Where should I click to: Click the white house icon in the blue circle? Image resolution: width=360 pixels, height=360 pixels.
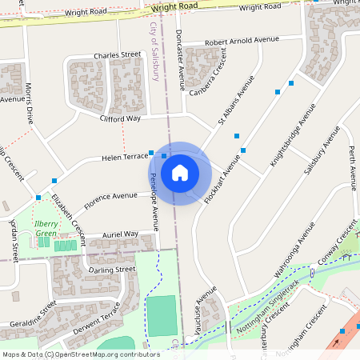coord(180,173)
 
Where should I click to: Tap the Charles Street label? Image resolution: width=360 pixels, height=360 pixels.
coord(117,55)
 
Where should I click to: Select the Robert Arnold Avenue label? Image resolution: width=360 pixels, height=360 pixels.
coord(241,41)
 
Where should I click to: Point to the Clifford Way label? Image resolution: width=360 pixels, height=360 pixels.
coord(120,118)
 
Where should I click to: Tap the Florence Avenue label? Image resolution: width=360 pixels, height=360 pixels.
coord(110,196)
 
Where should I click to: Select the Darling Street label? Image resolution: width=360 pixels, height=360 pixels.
coord(113,270)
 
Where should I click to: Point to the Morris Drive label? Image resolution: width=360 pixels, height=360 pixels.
coord(30,102)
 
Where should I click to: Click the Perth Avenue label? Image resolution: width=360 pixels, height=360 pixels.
coord(351,163)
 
